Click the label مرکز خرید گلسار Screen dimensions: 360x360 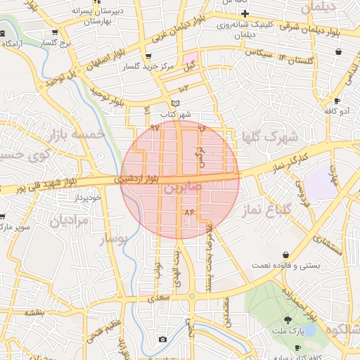[148, 67]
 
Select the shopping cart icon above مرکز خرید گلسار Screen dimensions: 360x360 [147, 56]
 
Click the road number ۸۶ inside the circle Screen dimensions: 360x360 [188, 211]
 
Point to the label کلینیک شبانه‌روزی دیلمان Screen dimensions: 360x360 [245, 30]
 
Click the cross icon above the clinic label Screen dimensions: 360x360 [245, 15]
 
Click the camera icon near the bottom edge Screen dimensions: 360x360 [163, 340]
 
